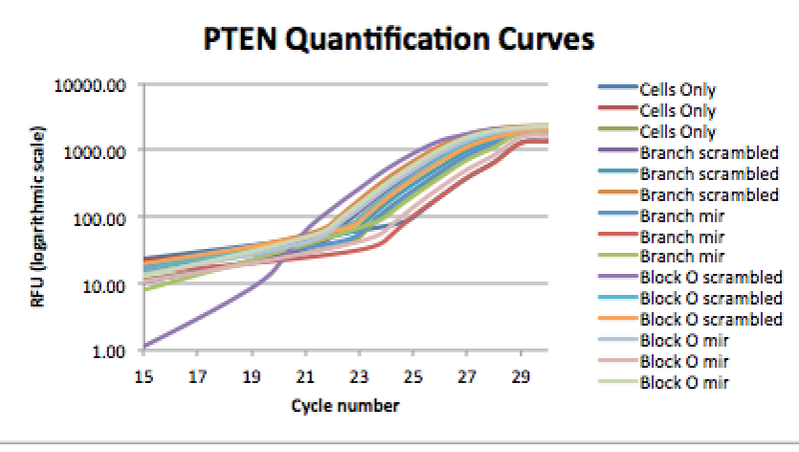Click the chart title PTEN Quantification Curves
pyautogui.click(x=399, y=39)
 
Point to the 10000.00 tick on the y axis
pyautogui.click(x=96, y=85)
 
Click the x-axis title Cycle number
pyautogui.click(x=346, y=406)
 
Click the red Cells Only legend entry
pyautogui.click(x=677, y=111)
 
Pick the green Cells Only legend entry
pyautogui.click(x=677, y=132)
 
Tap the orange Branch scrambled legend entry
pyautogui.click(x=708, y=194)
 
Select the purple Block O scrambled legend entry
pyautogui.click(x=710, y=278)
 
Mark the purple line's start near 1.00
pyautogui.click(x=148, y=347)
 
